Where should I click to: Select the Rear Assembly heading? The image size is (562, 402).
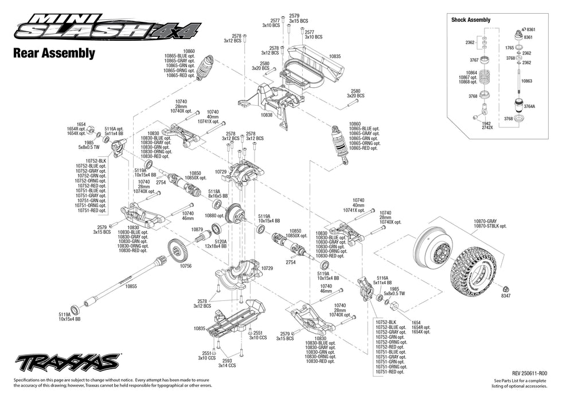point(53,53)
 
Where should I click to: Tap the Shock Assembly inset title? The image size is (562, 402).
point(471,20)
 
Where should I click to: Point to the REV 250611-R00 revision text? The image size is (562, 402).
point(525,373)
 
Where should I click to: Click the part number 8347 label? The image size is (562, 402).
point(505,296)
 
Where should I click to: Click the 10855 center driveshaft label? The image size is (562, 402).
point(131,285)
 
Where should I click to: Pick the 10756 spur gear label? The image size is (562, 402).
point(185,266)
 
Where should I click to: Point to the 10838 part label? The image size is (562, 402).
point(267,115)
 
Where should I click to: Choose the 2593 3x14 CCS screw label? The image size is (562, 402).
point(227,363)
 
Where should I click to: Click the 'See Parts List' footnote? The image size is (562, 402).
point(520,384)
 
